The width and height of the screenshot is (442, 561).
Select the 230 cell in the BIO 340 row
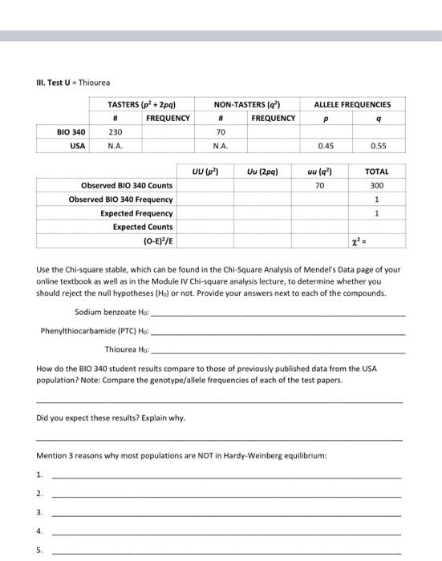click(x=115, y=132)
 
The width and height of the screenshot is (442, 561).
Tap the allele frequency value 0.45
click(x=325, y=146)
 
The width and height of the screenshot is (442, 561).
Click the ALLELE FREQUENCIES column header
click(x=352, y=104)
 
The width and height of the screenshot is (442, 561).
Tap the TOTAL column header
click(x=376, y=172)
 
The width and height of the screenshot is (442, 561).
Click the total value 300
click(x=376, y=185)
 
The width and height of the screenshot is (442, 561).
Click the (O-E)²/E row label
click(x=157, y=240)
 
